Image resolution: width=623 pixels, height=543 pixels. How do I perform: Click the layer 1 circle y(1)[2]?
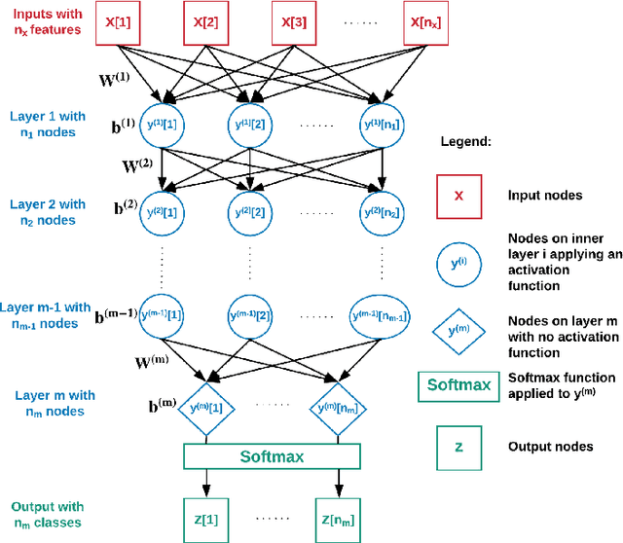250,124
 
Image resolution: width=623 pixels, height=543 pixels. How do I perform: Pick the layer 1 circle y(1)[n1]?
381,124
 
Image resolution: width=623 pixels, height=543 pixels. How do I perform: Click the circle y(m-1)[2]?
251,315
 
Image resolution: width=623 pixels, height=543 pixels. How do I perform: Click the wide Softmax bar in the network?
273,455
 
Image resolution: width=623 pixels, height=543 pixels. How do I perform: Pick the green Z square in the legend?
460,446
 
